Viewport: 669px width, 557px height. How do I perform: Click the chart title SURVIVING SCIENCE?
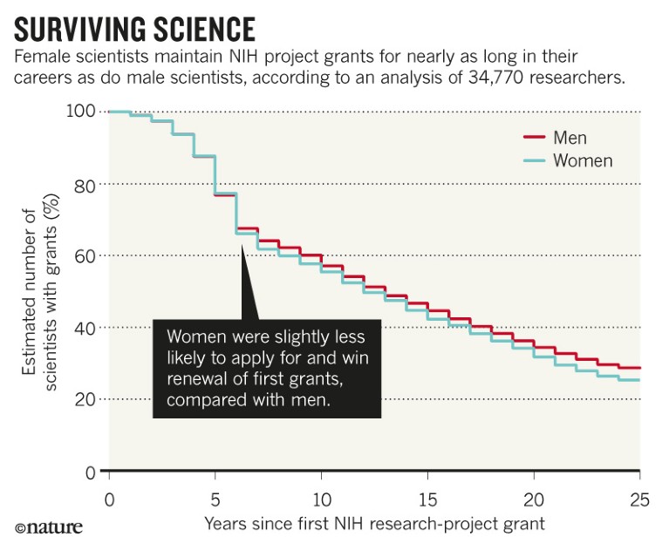135,29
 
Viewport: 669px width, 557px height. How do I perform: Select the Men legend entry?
570,138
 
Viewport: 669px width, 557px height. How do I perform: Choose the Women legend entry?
583,160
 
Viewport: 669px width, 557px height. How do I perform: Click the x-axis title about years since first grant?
374,524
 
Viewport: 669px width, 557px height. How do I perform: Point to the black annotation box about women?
267,368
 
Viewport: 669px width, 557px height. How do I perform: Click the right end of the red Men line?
639,368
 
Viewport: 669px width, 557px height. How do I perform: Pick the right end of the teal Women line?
639,380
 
